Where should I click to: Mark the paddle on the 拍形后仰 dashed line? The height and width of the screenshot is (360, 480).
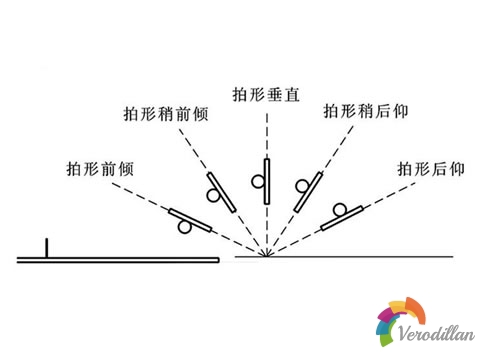341,219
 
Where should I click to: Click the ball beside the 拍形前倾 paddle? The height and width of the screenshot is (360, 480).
184,228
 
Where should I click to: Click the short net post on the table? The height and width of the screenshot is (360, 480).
46,248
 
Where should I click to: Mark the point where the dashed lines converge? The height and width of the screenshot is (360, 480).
267,258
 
